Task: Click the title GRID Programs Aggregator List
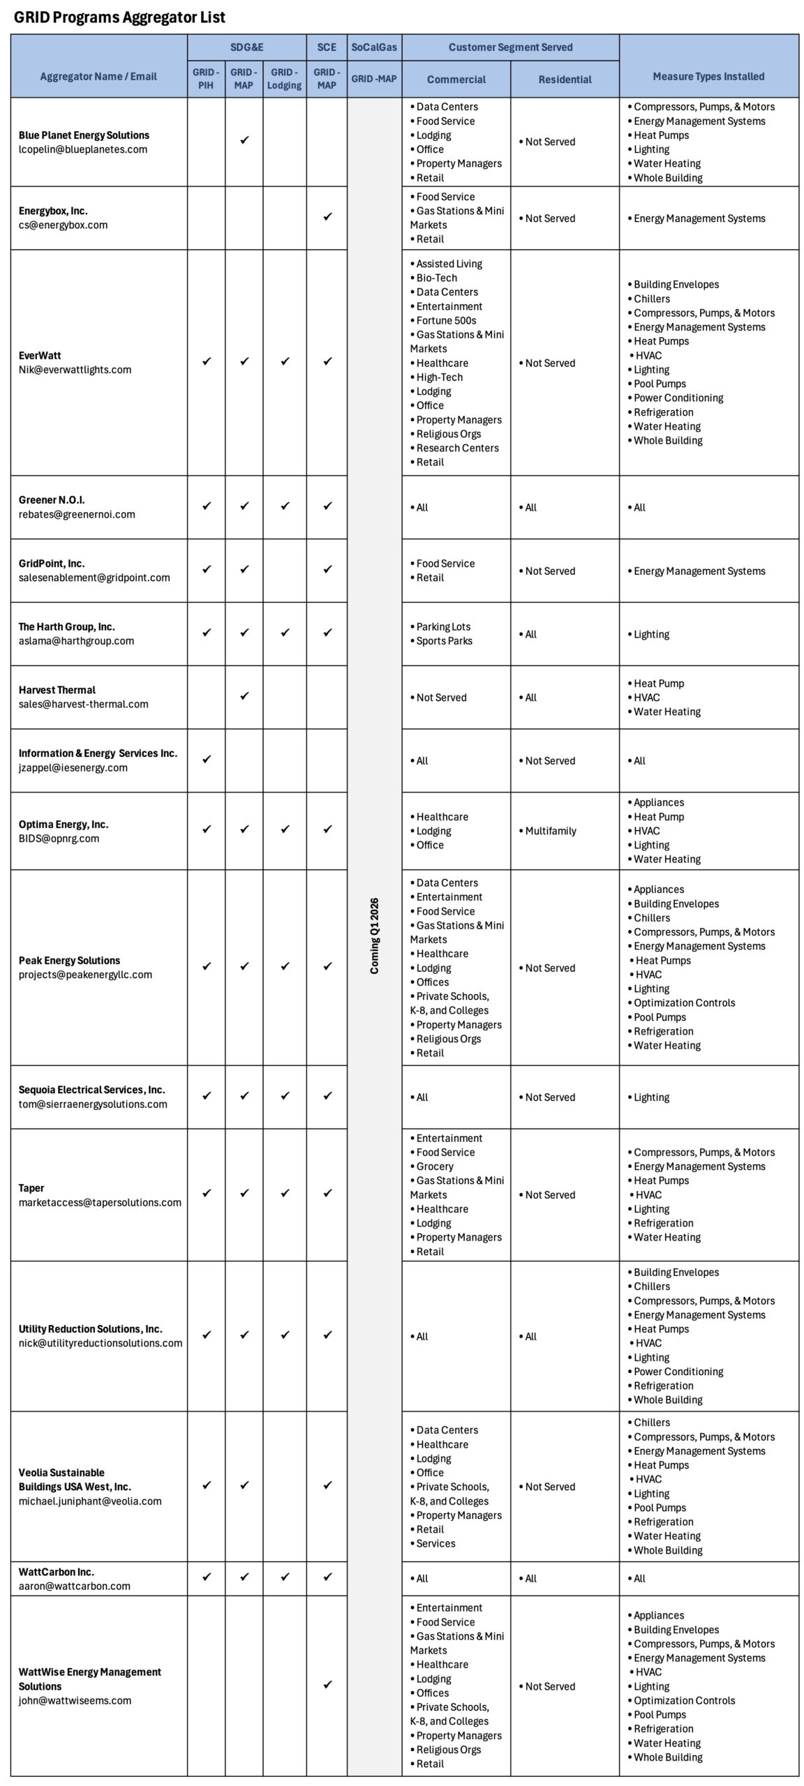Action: pos(119,17)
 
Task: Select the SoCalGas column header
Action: pos(374,47)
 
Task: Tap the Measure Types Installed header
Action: pos(708,77)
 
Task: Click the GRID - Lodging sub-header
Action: pos(284,79)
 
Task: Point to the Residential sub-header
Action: pos(565,80)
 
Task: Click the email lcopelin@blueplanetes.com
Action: pos(83,149)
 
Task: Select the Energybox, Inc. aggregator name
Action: pos(53,211)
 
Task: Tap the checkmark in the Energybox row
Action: pos(327,217)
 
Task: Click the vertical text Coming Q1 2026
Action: pos(375,936)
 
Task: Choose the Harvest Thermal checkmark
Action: pos(244,696)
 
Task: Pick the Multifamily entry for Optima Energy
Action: pos(551,831)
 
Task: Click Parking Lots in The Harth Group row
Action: pos(443,626)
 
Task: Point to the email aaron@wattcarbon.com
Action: pos(75,1586)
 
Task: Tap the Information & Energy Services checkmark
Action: pos(206,759)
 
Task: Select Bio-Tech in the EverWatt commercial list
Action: pos(436,278)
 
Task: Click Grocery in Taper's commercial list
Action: pos(435,1166)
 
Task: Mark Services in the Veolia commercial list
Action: pos(435,1543)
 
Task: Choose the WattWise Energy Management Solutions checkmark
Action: pos(327,1684)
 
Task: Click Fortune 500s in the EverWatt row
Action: pos(446,320)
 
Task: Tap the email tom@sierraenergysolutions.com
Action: pos(93,1104)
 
